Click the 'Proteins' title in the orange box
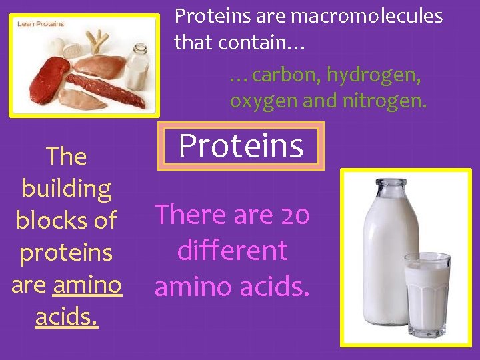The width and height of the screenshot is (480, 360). click(241, 145)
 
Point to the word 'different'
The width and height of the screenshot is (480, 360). click(232, 251)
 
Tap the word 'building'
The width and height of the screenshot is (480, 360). click(67, 189)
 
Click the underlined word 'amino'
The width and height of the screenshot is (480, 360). click(87, 285)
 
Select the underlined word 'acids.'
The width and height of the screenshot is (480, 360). click(67, 317)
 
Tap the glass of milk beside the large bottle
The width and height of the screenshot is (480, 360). click(427, 293)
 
